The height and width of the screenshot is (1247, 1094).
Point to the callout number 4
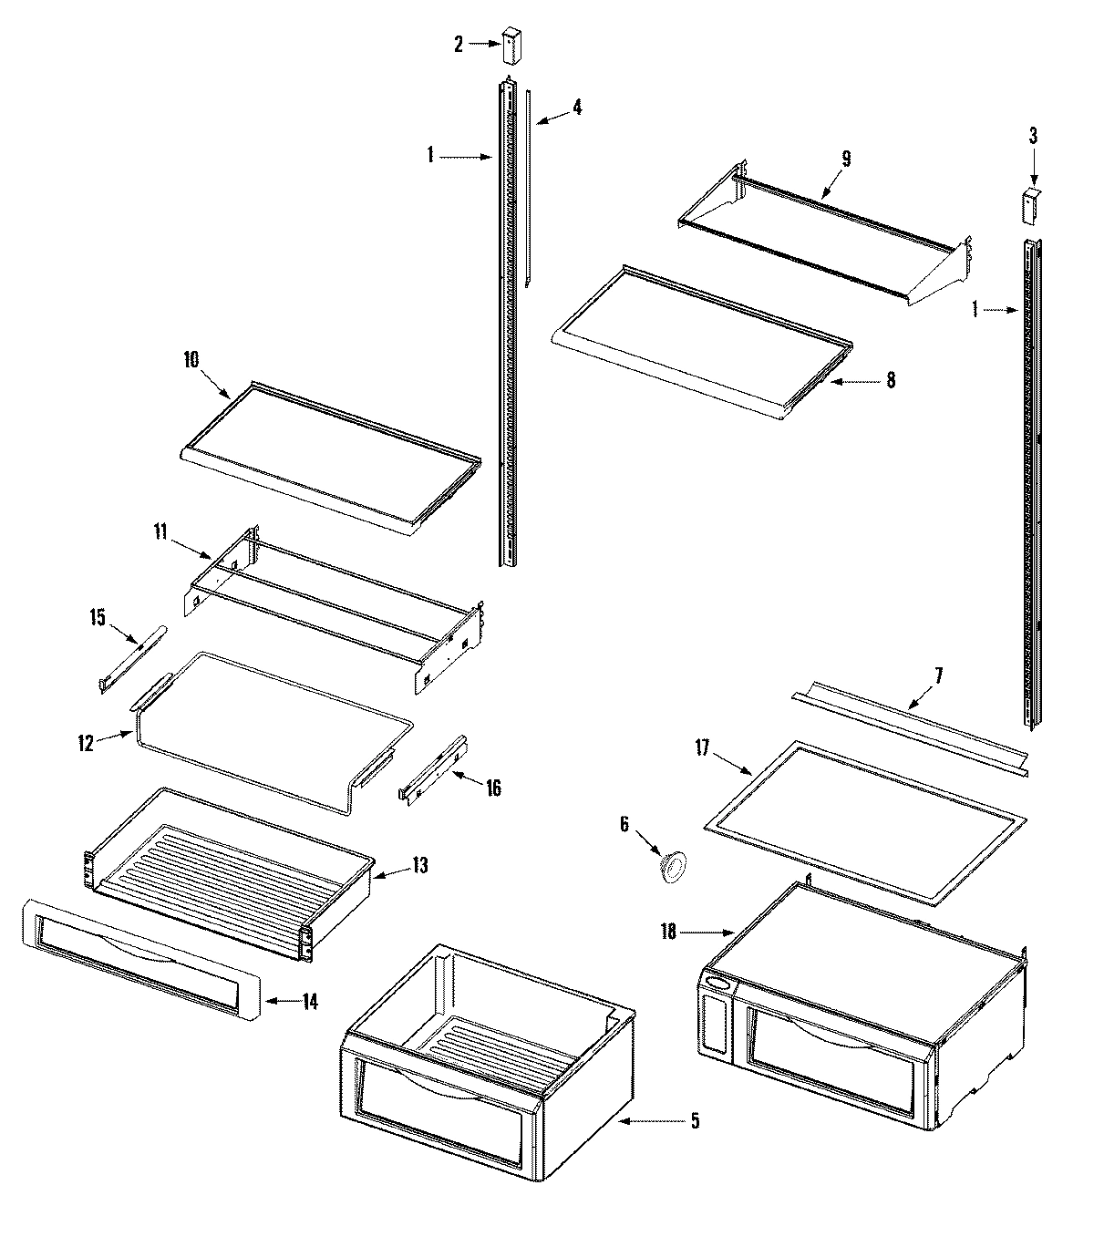click(576, 107)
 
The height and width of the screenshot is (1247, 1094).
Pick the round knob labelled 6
click(674, 866)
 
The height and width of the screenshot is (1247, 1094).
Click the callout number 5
click(695, 1122)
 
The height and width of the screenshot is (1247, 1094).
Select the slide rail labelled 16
click(432, 768)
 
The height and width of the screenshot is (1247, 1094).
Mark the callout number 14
click(310, 1002)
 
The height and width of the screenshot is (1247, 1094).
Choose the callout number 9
click(845, 160)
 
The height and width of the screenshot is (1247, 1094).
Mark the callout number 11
click(160, 532)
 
